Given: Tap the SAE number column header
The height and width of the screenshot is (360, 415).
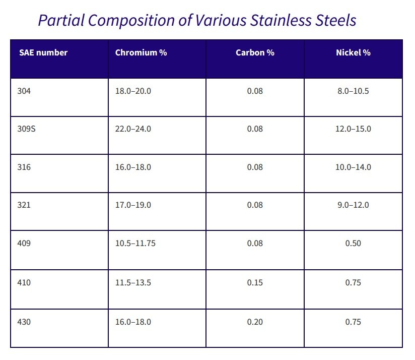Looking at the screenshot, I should tap(43, 52).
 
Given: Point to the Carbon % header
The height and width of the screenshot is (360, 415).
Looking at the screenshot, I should tap(255, 52).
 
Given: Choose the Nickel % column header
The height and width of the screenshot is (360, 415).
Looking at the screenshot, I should tap(353, 52).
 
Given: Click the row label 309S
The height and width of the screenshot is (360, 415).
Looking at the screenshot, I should tap(26, 129).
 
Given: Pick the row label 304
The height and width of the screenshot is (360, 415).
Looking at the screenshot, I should tap(24, 91).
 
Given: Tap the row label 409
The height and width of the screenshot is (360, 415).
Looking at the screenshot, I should tap(24, 244).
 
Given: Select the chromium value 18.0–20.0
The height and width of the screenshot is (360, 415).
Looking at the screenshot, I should tap(133, 91).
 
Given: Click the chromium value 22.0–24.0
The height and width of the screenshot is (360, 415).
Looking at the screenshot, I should tap(133, 129).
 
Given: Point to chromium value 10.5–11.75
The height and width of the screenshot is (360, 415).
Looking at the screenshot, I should tap(135, 244).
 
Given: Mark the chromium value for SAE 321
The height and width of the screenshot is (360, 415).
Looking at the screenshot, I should tap(133, 205).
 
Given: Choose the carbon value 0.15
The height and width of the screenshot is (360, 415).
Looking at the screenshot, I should tap(255, 282).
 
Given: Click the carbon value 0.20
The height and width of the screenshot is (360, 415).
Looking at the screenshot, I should tap(255, 322).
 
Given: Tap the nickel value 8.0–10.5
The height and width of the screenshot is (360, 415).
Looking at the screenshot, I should tap(353, 91).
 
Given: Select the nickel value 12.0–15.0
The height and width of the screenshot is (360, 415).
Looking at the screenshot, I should tap(353, 129).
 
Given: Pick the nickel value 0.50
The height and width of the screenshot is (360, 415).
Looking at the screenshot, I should tap(353, 244).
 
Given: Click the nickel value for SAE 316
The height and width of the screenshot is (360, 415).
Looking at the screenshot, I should tap(353, 167).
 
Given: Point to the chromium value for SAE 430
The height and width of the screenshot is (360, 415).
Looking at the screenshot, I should tap(133, 322).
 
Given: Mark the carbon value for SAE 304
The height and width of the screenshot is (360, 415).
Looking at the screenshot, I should tap(255, 91).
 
